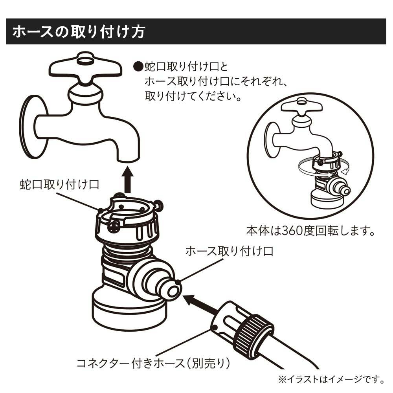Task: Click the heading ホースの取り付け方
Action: [x=79, y=32]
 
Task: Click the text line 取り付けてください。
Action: [x=193, y=96]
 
